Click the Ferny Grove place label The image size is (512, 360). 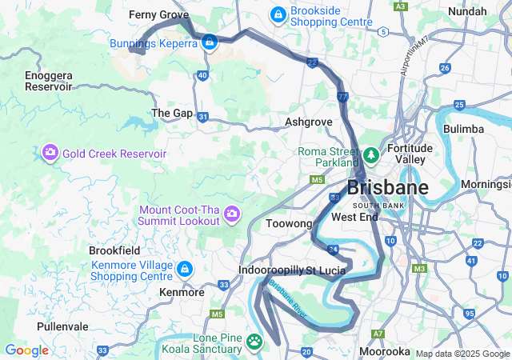[158, 14]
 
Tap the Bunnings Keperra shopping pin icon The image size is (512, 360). [209, 42]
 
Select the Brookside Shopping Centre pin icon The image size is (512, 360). [278, 14]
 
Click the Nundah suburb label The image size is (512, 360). [467, 11]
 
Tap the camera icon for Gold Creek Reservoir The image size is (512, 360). [50, 152]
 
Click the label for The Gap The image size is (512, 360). [172, 113]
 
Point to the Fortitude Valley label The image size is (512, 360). [410, 153]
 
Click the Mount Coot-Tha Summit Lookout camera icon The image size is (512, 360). [232, 213]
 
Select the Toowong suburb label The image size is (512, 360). [288, 224]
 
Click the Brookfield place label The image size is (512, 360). [114, 250]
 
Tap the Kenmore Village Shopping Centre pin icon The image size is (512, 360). [185, 269]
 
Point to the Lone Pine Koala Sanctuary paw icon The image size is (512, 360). [254, 342]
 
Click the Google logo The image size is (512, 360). [26, 350]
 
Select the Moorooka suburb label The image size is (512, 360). [385, 351]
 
